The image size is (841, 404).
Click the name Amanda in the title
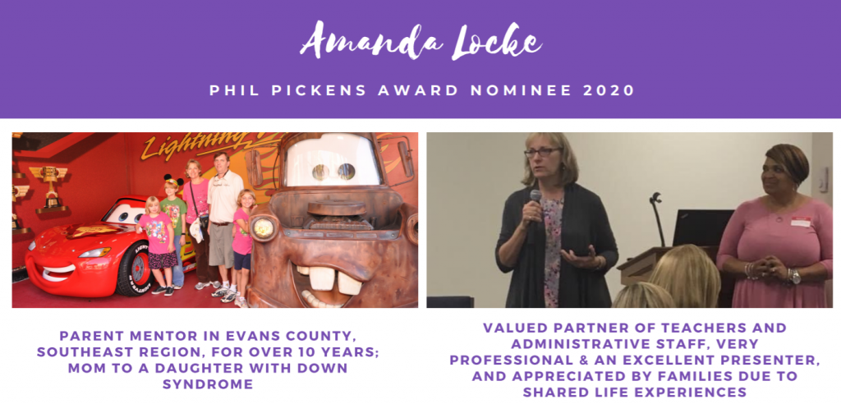pos(370,41)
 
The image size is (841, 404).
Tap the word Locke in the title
pos(496,42)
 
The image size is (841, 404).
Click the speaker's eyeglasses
pos(543,153)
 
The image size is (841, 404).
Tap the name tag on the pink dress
pos(800,221)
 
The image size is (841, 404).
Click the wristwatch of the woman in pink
pos(795,276)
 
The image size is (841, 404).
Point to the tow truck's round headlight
pos(263,228)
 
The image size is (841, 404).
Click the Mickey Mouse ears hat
pos(173,181)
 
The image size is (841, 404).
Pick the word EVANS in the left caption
pos(241,337)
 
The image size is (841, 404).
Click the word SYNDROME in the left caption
pos(208,384)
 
